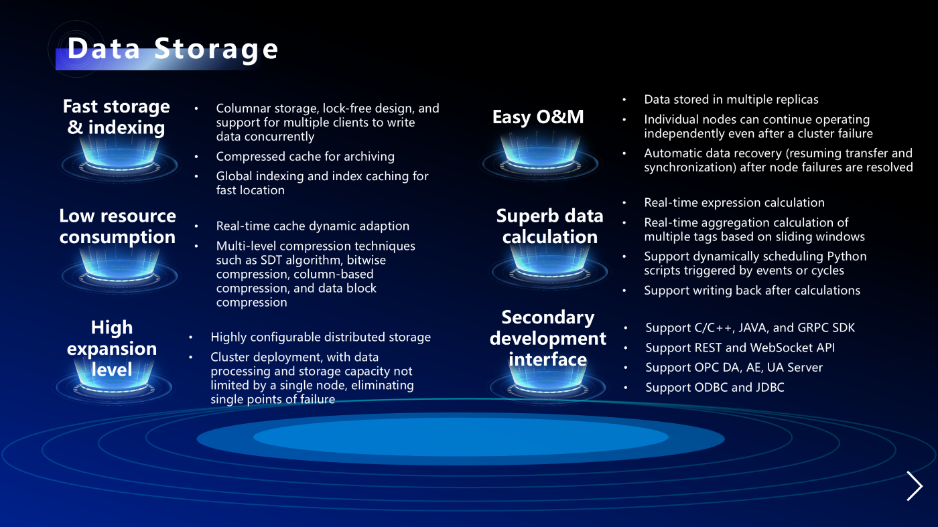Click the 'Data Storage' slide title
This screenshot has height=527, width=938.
pos(173,50)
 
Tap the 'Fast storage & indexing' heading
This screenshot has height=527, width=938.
pos(117,117)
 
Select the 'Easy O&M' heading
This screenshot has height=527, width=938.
pos(538,117)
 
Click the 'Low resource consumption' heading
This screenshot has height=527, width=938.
pos(118,226)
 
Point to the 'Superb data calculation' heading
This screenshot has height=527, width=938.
pos(550,226)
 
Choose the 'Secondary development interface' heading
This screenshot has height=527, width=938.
pos(548,338)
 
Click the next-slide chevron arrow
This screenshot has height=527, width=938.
pos(915,486)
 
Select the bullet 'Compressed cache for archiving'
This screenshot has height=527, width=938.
pos(306,157)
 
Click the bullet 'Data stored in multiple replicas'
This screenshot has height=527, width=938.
pos(731,100)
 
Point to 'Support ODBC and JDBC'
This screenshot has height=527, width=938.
pos(715,387)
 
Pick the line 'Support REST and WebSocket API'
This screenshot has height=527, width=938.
pos(740,348)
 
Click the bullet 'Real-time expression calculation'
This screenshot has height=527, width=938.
pos(734,203)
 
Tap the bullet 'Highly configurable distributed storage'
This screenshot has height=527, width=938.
pos(321,337)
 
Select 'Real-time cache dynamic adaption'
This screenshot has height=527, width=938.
pos(313,226)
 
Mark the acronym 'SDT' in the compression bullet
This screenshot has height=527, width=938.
pos(271,260)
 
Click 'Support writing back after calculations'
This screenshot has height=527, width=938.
pos(752,291)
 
